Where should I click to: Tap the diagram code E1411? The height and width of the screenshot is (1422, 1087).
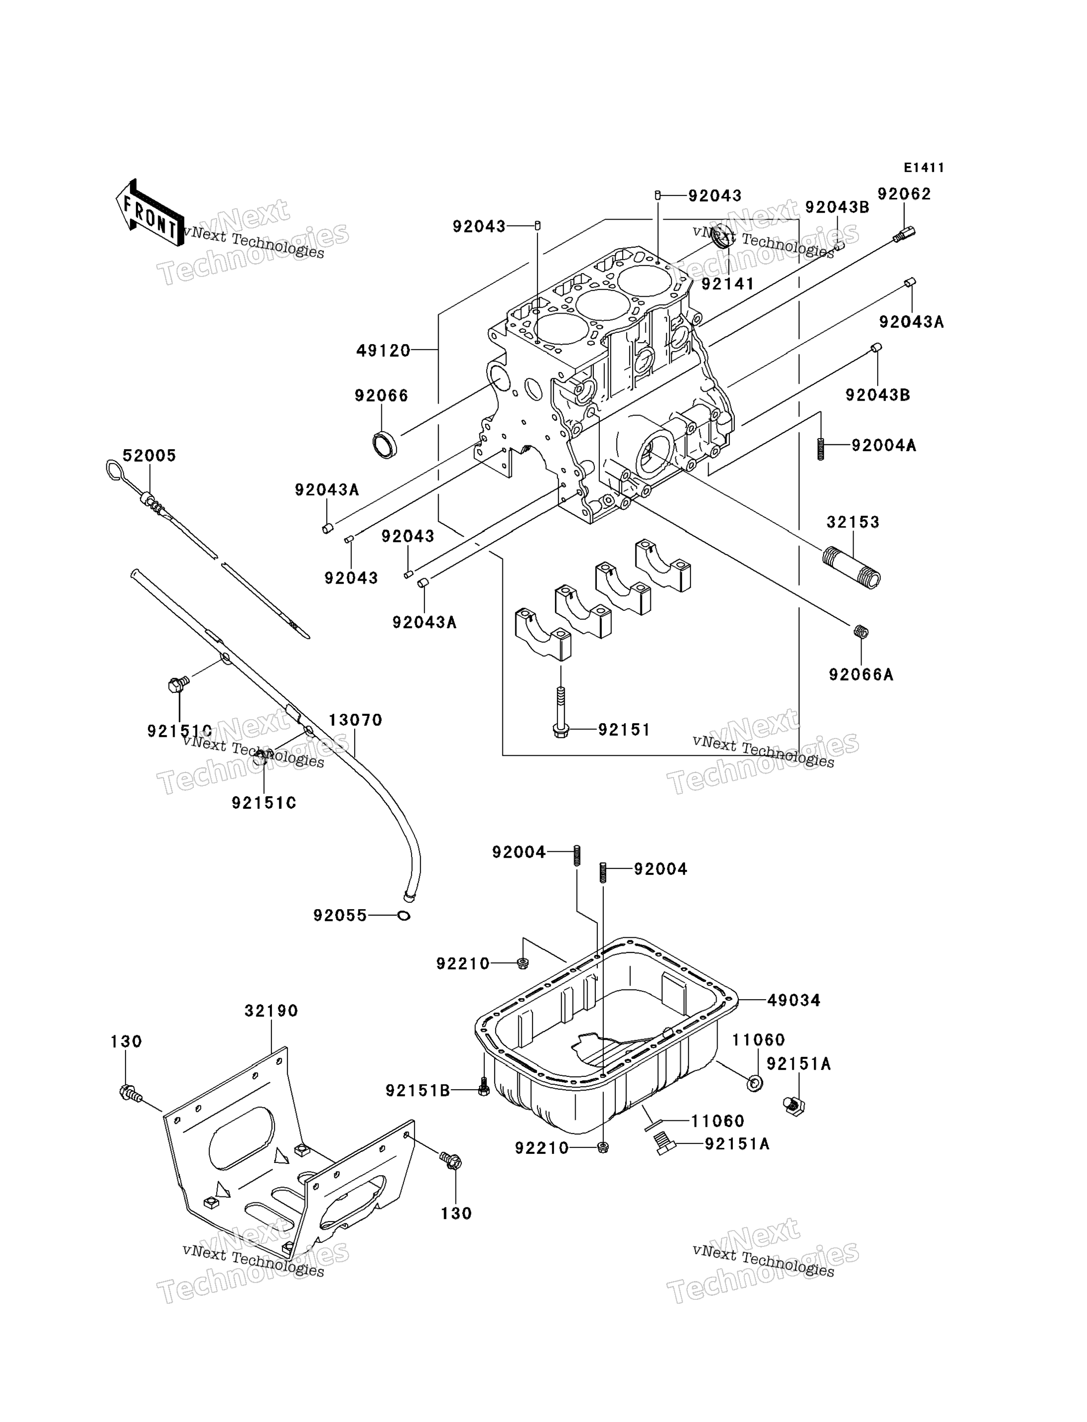coord(924,168)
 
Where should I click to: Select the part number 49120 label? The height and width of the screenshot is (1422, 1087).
coord(383,351)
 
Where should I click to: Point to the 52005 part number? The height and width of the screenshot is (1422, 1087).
coord(149,456)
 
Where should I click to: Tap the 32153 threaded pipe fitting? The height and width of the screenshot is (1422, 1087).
coord(852,568)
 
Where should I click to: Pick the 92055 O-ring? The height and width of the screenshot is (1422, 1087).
coord(404,916)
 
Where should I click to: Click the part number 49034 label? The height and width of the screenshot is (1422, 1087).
coord(793,1000)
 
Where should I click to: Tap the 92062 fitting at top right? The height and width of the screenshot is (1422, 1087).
coord(905,233)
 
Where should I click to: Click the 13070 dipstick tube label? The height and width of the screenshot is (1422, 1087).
coord(355,720)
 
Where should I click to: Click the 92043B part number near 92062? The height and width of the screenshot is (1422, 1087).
coord(837,207)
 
